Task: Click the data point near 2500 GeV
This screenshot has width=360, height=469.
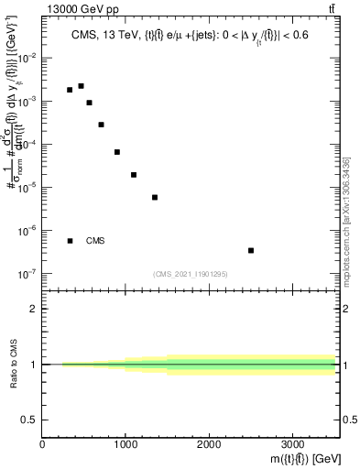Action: pyautogui.click(x=251, y=250)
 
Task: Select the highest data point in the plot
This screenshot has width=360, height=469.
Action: pyautogui.click(x=81, y=86)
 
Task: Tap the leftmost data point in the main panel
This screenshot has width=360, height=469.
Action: pyautogui.click(x=70, y=90)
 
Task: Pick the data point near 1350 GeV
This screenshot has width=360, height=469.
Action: pyautogui.click(x=155, y=197)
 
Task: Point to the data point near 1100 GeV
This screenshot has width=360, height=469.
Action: pyautogui.click(x=134, y=175)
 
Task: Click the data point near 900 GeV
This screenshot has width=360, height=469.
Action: pyautogui.click(x=117, y=152)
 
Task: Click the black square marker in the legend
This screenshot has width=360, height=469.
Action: pyautogui.click(x=70, y=241)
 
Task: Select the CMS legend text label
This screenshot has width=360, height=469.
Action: pyautogui.click(x=95, y=241)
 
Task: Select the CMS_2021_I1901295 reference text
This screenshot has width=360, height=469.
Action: pyautogui.click(x=191, y=274)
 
